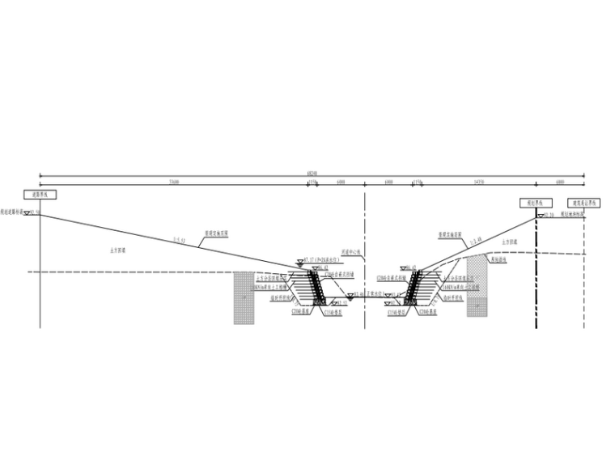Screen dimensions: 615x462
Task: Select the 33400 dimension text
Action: click(x=174, y=182)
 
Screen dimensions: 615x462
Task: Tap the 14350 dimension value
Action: click(x=477, y=182)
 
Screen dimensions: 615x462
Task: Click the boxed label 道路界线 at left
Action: click(x=40, y=195)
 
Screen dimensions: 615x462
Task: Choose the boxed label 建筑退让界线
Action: click(x=583, y=203)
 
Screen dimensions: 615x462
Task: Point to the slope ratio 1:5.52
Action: click(x=180, y=240)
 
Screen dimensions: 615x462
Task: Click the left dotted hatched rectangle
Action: click(x=243, y=297)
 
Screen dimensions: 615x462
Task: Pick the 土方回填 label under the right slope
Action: click(x=510, y=241)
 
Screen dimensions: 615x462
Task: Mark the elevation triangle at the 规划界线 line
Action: click(x=538, y=214)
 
